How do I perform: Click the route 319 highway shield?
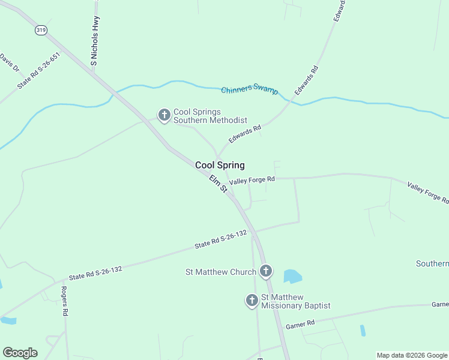[41, 29]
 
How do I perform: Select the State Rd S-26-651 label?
[39, 71]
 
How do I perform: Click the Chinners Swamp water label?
[250, 89]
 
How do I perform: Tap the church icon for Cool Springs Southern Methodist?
[164, 115]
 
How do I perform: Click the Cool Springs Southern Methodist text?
[210, 116]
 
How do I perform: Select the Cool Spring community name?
[220, 165]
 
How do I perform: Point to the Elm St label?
[218, 184]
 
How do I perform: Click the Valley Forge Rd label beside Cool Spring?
[252, 179]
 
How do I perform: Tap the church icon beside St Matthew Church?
[266, 272]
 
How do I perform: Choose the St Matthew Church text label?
[220, 272]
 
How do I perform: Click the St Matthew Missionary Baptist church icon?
[252, 300]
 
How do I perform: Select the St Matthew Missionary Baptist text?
[295, 301]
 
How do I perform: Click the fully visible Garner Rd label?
[300, 324]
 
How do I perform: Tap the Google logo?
[20, 353]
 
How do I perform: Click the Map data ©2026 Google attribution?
[411, 355]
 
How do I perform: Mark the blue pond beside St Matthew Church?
[292, 276]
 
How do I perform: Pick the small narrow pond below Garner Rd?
[363, 330]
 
